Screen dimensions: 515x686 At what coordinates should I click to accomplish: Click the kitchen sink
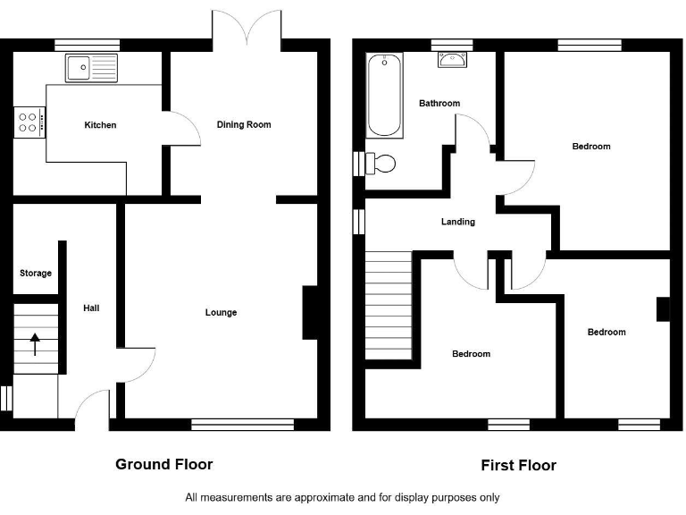(91, 65)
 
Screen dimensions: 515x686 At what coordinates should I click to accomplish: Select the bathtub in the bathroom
(385, 94)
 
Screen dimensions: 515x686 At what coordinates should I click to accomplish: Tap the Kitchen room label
(100, 125)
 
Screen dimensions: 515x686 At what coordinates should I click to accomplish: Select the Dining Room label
(244, 124)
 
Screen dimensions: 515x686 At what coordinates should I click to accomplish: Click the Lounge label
(221, 312)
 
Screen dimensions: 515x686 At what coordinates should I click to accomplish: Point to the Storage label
(36, 273)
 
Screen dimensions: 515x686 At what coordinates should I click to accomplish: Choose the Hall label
(91, 308)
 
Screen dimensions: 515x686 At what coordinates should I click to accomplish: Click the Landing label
(457, 222)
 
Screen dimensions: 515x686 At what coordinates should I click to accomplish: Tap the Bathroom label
(439, 103)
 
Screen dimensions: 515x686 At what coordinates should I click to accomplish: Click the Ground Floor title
(164, 464)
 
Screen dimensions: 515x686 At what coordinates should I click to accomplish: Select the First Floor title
(518, 465)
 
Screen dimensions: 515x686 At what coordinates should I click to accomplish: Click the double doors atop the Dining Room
(247, 27)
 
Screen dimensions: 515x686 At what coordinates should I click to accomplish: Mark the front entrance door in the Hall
(93, 411)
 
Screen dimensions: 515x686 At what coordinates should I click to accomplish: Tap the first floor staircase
(388, 304)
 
